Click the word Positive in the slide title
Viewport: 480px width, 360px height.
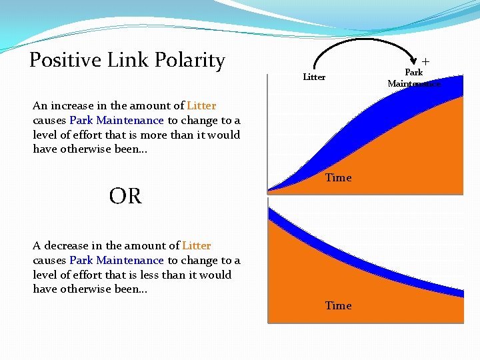(x=64, y=61)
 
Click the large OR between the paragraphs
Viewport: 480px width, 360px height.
(x=125, y=196)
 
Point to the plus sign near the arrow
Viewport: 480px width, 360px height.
(x=425, y=61)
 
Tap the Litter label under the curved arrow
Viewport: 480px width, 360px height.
(x=314, y=77)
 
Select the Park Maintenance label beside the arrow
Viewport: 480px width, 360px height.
(x=414, y=78)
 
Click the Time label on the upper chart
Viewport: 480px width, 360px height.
(x=338, y=177)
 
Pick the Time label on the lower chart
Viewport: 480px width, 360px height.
(x=338, y=305)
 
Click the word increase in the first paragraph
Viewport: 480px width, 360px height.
(x=69, y=105)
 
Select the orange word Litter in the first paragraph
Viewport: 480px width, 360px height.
(x=201, y=105)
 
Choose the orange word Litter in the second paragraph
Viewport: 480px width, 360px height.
(x=196, y=245)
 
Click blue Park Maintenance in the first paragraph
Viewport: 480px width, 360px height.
(x=116, y=121)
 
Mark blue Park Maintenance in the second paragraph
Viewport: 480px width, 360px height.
(x=116, y=260)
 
